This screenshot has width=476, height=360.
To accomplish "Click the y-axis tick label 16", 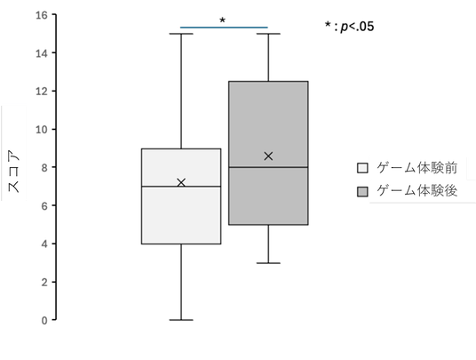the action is pyautogui.click(x=42, y=15).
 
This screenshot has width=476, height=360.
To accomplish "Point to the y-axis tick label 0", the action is pyautogui.click(x=44, y=321).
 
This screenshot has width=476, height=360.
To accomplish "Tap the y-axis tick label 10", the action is pyautogui.click(x=42, y=130).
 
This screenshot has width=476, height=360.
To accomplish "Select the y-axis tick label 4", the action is pyautogui.click(x=44, y=244).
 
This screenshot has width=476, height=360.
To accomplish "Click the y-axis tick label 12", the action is pyautogui.click(x=42, y=92).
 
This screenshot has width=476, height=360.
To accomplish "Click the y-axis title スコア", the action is pyautogui.click(x=13, y=171).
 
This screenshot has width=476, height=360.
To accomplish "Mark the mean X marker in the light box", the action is pyautogui.click(x=181, y=182).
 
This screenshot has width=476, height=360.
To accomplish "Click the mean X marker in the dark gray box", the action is pyautogui.click(x=268, y=156).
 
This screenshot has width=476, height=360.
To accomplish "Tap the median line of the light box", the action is pyautogui.click(x=181, y=187).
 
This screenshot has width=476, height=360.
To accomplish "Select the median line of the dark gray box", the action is pyautogui.click(x=268, y=167).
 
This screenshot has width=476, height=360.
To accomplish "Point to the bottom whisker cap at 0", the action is pyautogui.click(x=181, y=320).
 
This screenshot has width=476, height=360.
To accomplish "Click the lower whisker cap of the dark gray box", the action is pyautogui.click(x=268, y=263).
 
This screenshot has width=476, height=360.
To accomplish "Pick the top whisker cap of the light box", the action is pyautogui.click(x=181, y=34).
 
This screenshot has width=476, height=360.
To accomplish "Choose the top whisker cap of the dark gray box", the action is pyautogui.click(x=268, y=34).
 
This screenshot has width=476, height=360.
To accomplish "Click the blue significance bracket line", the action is pyautogui.click(x=224, y=28).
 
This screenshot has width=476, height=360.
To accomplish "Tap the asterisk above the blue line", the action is pyautogui.click(x=223, y=20).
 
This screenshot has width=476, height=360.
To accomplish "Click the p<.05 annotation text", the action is pyautogui.click(x=349, y=27).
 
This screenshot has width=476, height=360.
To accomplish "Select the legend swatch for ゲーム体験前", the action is pyautogui.click(x=362, y=168).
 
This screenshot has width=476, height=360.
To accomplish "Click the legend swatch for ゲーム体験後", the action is pyautogui.click(x=362, y=192).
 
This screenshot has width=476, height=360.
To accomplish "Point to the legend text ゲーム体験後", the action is pyautogui.click(x=416, y=191).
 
